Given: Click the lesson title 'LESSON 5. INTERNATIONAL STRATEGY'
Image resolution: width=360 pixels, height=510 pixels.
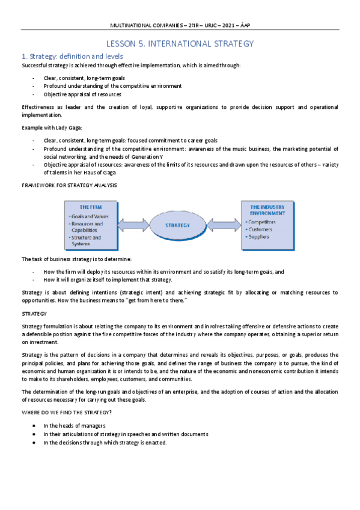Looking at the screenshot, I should coord(180,44).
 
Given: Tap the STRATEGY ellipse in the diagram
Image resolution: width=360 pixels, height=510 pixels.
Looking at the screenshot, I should coord(177,226).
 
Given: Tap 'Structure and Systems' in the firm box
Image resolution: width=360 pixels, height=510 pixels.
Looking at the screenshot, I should coord(87,241).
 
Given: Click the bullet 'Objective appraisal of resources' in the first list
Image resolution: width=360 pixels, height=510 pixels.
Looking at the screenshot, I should coord(82,94).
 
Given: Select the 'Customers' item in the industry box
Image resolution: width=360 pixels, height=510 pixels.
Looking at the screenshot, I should coord(260,229).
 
